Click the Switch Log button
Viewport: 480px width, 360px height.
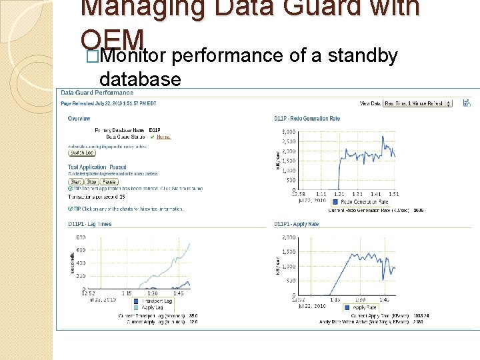[82, 153]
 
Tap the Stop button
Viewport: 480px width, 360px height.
[92, 181]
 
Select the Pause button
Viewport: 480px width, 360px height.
[109, 181]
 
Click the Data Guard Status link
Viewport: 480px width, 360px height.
[163, 137]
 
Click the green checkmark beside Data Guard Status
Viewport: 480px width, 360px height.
[152, 137]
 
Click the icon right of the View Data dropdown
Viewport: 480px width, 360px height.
[467, 103]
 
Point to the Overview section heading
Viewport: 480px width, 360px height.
[79, 119]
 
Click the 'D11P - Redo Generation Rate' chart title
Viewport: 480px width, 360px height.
[307, 119]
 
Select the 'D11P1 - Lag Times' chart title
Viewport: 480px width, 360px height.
[90, 224]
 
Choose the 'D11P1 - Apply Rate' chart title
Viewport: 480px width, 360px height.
[297, 224]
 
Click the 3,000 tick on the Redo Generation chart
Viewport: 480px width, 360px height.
[288, 132]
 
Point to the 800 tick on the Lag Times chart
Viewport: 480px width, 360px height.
[81, 237]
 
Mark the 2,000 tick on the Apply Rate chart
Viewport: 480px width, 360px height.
[288, 237]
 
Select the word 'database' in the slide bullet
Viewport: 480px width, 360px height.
[140, 80]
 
